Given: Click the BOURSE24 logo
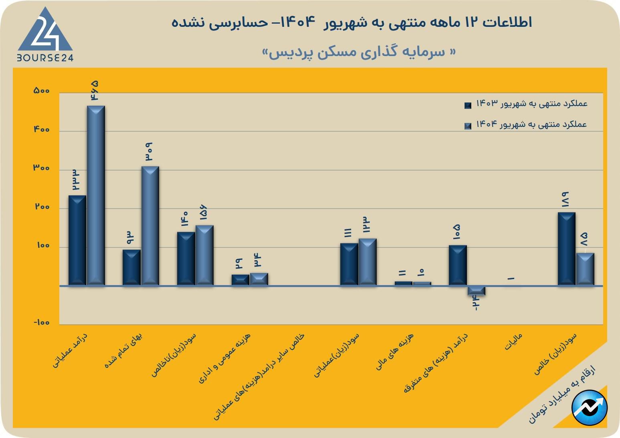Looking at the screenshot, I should point(45,36).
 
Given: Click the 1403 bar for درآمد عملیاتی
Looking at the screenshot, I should point(77,240).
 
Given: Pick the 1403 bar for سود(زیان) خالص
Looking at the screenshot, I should point(566,249).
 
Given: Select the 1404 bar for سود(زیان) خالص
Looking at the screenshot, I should point(585,269).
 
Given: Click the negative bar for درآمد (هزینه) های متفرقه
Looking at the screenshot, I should point(476,291).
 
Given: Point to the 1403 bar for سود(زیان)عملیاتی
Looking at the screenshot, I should point(349,264).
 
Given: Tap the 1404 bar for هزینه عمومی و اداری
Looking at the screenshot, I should point(259,279).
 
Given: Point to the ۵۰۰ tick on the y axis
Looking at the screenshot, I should point(42,91).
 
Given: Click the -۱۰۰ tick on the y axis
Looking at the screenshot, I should point(42,323).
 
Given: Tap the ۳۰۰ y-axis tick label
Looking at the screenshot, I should point(42,168).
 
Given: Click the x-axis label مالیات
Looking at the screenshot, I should point(513,342).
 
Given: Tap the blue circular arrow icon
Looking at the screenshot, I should point(590,408).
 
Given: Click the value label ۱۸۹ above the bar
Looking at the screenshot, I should point(565,199).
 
